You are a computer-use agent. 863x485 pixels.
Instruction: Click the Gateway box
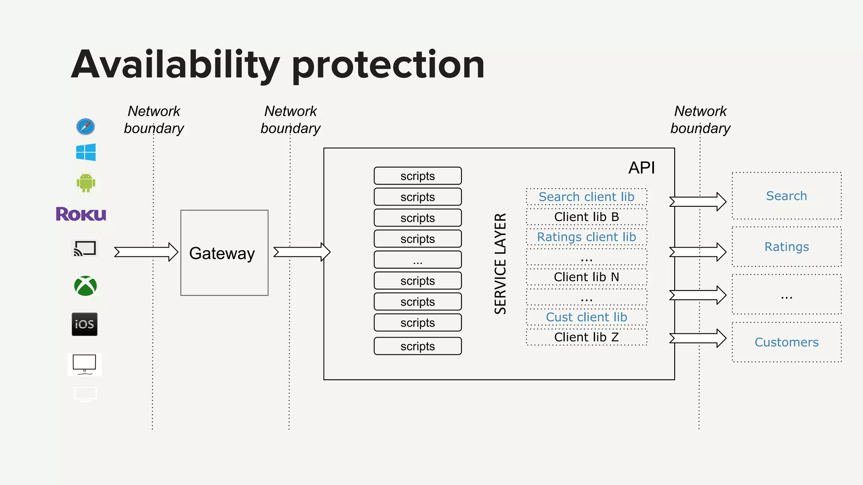pyautogui.click(x=224, y=253)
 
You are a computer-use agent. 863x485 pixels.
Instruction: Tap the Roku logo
pyautogui.click(x=81, y=214)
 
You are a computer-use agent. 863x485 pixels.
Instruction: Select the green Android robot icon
pyautogui.click(x=86, y=183)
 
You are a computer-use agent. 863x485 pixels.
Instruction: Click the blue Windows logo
pyautogui.click(x=86, y=152)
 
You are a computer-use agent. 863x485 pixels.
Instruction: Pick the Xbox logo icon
pyautogui.click(x=86, y=286)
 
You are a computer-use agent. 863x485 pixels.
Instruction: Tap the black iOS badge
pyautogui.click(x=85, y=324)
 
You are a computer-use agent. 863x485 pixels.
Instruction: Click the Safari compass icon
pyautogui.click(x=86, y=126)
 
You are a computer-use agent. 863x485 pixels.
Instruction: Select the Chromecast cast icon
pyautogui.click(x=85, y=248)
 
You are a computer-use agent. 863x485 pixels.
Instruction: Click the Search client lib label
pyautogui.click(x=586, y=197)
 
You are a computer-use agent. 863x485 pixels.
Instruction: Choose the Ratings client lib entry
pyautogui.click(x=586, y=237)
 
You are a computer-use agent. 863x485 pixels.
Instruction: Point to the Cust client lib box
pyautogui.click(x=586, y=317)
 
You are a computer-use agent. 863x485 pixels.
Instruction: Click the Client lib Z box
pyautogui.click(x=586, y=337)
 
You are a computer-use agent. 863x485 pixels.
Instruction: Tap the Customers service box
pyautogui.click(x=786, y=342)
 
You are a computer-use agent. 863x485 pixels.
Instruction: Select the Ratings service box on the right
pyautogui.click(x=786, y=247)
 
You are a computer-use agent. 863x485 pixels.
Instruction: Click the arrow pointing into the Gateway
pyautogui.click(x=146, y=252)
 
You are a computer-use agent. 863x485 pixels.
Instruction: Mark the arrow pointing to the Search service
pyautogui.click(x=698, y=202)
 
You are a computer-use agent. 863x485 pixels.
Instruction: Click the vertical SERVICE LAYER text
pyautogui.click(x=500, y=264)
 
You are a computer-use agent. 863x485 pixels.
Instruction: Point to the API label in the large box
pyautogui.click(x=641, y=168)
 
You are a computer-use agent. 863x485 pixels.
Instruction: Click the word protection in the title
pyautogui.click(x=388, y=65)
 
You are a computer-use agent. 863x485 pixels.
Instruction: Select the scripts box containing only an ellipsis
pyautogui.click(x=418, y=260)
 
